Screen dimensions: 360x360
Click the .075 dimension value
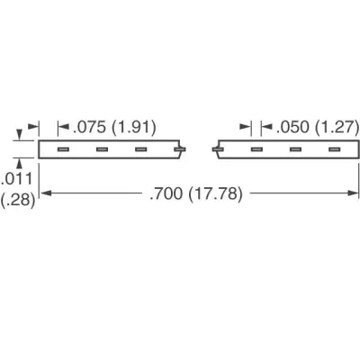[x=89, y=127]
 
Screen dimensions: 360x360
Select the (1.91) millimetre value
[x=134, y=127]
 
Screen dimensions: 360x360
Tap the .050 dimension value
[x=292, y=127]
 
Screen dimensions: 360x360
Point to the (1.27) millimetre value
[x=337, y=127]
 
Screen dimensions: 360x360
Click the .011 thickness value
[x=16, y=179]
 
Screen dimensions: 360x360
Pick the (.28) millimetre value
[x=18, y=200]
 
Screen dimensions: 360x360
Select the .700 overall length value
[x=166, y=193]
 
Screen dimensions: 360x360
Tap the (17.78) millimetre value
[x=215, y=193]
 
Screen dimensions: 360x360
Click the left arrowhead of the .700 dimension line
[x=46, y=193]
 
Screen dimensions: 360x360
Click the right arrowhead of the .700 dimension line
[x=353, y=193]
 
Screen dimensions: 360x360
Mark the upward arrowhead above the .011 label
[x=20, y=164]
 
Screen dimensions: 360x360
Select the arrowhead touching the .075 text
[x=64, y=127]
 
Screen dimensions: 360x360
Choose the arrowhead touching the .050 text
[x=266, y=127]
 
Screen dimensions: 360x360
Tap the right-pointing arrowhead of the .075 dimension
[x=33, y=127]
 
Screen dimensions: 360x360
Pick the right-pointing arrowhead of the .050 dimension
[x=245, y=127]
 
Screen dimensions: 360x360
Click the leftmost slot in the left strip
[x=64, y=149]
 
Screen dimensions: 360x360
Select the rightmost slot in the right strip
[x=335, y=149]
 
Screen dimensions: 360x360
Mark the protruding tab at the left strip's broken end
[x=180, y=149]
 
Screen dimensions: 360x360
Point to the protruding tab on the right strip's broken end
[x=217, y=149]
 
